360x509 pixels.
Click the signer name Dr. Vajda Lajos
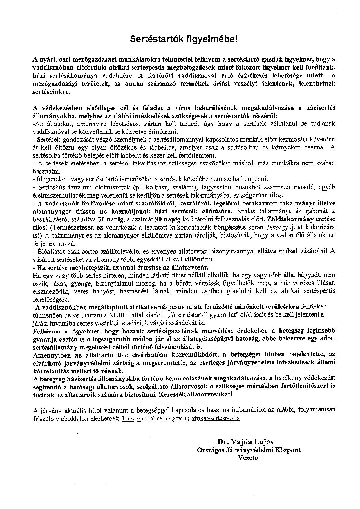[x=245, y=442]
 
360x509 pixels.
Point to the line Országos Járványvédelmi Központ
[x=249, y=450]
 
